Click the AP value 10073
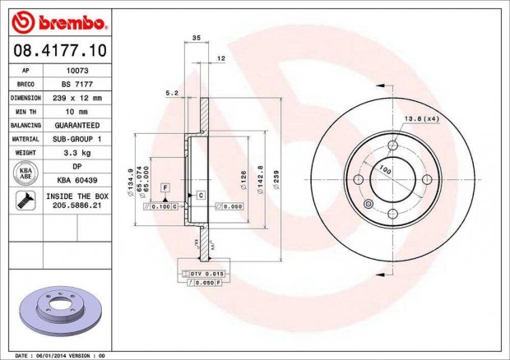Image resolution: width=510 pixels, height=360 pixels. [x=78, y=72]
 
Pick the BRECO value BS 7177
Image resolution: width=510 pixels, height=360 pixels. [x=78, y=84]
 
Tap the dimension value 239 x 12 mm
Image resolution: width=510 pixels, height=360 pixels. [x=78, y=98]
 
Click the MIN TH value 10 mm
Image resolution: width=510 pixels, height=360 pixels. [x=78, y=111]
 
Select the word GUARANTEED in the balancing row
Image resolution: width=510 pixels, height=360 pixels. [x=78, y=125]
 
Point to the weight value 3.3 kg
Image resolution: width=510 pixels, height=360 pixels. [x=78, y=152]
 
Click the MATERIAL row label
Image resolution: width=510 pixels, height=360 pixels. [x=26, y=139]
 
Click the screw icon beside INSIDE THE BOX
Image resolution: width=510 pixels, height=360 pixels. [x=25, y=198]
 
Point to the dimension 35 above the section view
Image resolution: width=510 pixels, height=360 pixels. [x=196, y=38]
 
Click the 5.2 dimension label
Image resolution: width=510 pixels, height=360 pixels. [x=171, y=94]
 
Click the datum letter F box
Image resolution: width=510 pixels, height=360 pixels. [x=165, y=189]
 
